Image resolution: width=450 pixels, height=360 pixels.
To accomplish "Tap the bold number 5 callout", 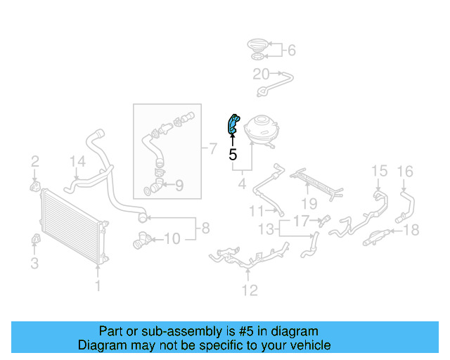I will point(232,155).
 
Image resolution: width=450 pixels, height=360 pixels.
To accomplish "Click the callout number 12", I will point(250,290).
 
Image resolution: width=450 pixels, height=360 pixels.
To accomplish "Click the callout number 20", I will point(260,74).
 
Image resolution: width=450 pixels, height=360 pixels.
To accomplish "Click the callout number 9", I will point(179,186).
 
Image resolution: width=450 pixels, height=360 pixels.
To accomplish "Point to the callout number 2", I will point(34,163).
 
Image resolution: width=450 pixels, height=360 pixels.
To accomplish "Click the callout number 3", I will point(34,264).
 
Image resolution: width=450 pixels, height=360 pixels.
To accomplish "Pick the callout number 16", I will point(406,171).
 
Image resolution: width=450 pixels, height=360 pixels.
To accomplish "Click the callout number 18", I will point(412,229).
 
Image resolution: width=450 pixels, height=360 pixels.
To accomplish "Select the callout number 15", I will point(379,171).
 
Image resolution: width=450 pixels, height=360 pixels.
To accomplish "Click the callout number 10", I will point(172,239).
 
